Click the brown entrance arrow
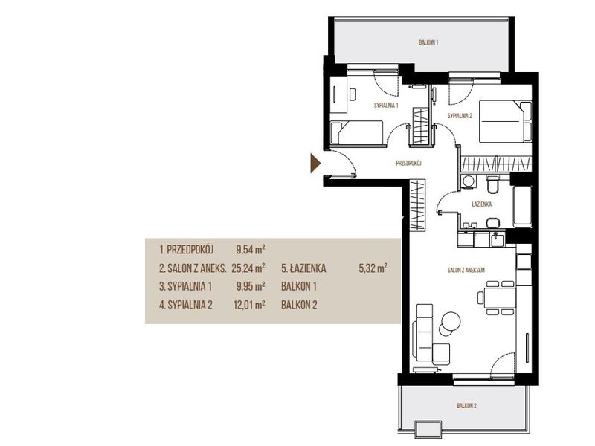315,163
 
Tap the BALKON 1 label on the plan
428,42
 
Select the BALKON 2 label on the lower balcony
466,406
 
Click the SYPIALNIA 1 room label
386,106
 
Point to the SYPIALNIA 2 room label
460,116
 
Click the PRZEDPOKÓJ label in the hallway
408,164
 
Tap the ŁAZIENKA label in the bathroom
481,204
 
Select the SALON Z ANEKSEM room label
466,271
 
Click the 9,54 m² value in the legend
251,250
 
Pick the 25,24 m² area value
248,268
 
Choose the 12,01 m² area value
249,305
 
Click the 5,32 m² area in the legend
373,268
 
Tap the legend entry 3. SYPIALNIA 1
185,286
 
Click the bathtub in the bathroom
522,207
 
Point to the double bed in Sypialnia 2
506,121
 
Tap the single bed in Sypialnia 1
356,133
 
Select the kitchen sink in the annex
497,239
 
